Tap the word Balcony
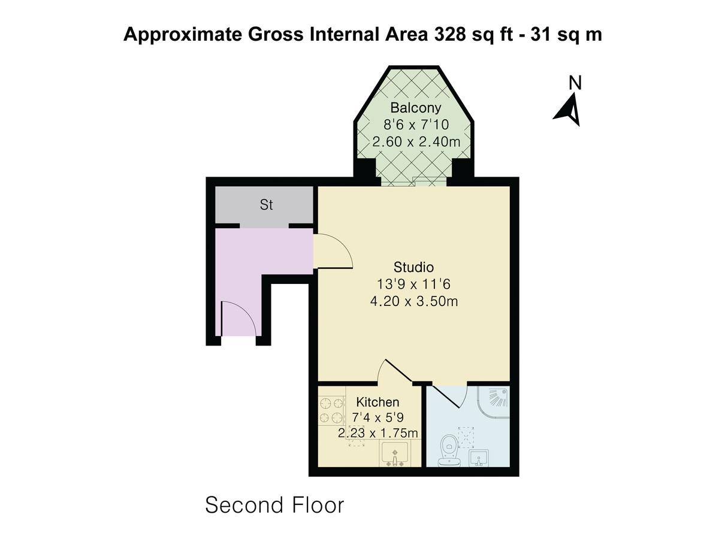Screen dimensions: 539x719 click(415, 108)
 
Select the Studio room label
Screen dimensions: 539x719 click(413, 267)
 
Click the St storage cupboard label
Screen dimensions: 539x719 click(266, 205)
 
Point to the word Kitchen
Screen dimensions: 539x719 click(377, 402)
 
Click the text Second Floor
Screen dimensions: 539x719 click(274, 505)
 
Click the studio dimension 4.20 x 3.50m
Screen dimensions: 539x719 click(414, 301)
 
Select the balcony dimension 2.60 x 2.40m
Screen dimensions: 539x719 click(415, 143)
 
